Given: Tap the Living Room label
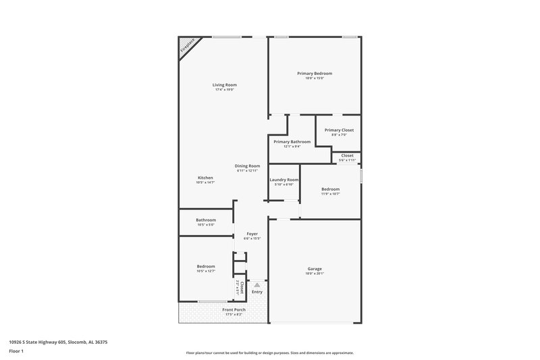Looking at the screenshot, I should (225, 85).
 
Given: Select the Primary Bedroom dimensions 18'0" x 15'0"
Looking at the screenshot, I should (315, 78).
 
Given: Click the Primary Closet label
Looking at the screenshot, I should (338, 130).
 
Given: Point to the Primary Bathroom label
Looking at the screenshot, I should (292, 142).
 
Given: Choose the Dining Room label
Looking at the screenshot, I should (247, 165).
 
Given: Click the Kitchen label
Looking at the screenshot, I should (205, 178).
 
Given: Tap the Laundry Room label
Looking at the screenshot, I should (284, 180).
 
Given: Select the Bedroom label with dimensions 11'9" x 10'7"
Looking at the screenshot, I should (330, 189).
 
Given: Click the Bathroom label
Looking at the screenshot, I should (206, 220).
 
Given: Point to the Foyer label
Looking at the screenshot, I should (252, 234).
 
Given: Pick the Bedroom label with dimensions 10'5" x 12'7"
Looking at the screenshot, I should (206, 266).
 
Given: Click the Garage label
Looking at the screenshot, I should (315, 269).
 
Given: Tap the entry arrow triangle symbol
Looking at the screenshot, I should (257, 286).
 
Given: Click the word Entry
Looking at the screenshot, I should (257, 292).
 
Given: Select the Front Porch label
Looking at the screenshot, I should (234, 310).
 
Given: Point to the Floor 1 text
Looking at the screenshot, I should (17, 351).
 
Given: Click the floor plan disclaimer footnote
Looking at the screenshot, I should (269, 353).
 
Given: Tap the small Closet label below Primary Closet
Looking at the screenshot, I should (347, 155).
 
